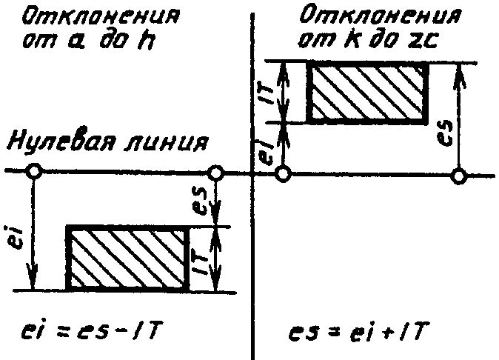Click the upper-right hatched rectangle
[366, 93]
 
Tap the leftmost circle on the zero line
[33, 172]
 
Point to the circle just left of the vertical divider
[215, 173]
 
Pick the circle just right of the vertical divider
[282, 175]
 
